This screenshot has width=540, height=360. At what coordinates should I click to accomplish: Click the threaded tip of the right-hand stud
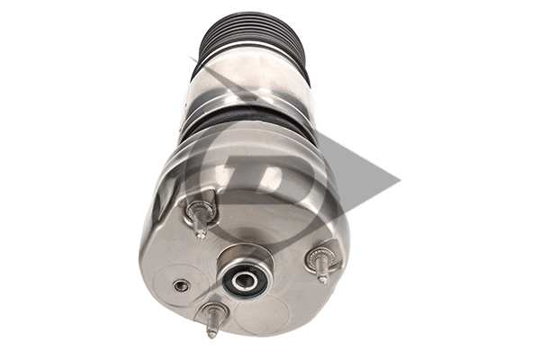pos(324,278)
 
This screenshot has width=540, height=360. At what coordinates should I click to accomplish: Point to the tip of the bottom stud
pos(212,332)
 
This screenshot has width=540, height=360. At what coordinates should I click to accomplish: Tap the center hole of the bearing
pos(244,281)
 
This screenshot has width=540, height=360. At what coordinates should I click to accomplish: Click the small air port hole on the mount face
pos(182,285)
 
